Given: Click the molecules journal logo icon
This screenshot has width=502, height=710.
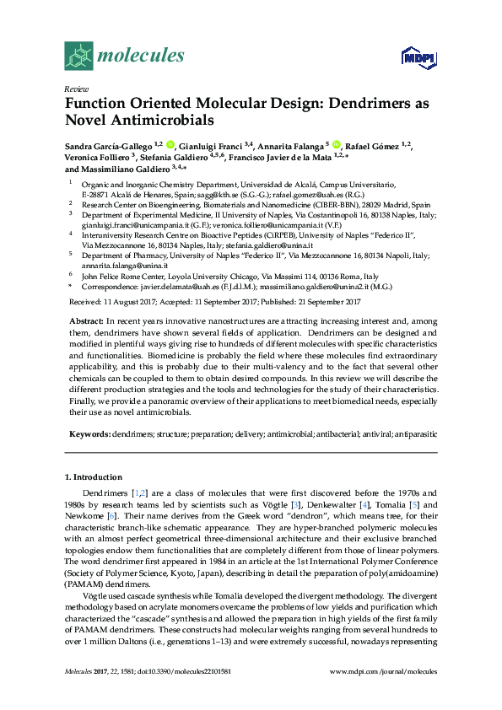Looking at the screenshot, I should [79, 56].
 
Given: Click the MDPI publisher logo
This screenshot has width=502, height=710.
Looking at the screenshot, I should [418, 57].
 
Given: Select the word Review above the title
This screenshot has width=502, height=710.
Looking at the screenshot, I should [76, 89].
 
